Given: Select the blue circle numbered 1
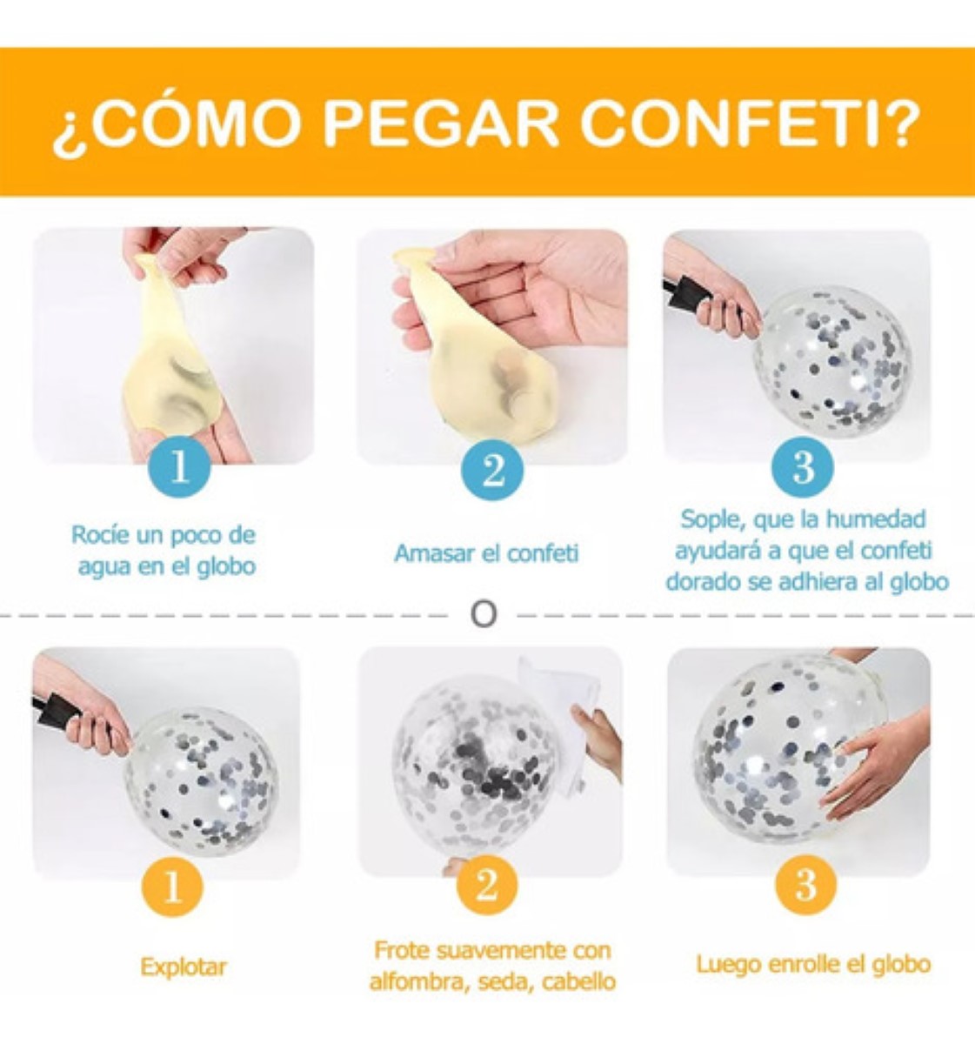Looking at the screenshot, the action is (180, 468).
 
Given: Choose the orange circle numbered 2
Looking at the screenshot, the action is (487, 886).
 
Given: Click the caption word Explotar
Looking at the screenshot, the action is (184, 967).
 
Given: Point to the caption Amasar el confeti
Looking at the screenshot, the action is (486, 553).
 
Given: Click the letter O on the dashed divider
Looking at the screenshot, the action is (484, 614).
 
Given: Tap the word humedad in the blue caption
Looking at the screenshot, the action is (876, 519).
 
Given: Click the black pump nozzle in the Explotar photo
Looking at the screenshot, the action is (55, 713).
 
